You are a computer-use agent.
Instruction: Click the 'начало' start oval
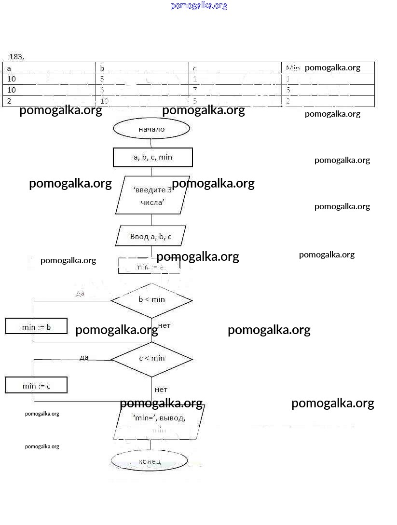pos(151,129)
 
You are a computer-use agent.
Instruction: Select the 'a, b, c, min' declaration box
pos(152,157)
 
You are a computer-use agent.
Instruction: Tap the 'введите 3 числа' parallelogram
pos(152,195)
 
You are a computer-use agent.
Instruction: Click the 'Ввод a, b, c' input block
pos(151,236)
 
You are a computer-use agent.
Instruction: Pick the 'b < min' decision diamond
pos(151,300)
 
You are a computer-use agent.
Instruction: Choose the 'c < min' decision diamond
pos(151,358)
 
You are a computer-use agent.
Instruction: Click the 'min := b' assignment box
pos(36,326)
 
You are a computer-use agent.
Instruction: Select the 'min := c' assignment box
pos(36,385)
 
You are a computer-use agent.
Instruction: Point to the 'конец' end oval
pos(149,461)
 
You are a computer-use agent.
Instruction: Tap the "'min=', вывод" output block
pos(159,422)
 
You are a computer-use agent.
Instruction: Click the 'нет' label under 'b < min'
pos(164,325)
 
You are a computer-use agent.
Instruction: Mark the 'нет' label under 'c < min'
pos(161,389)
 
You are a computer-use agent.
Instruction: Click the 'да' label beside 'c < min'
pos(84,357)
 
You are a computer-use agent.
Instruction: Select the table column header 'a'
pos(9,68)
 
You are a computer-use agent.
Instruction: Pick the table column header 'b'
pos(102,68)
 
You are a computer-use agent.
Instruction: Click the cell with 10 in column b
pos(104,101)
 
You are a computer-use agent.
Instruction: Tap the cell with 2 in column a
pos(9,101)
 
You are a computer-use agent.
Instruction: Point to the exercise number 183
pos(16,56)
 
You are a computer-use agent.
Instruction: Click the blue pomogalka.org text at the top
pos(198,6)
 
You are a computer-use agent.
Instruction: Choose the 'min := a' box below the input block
pos(149,266)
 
